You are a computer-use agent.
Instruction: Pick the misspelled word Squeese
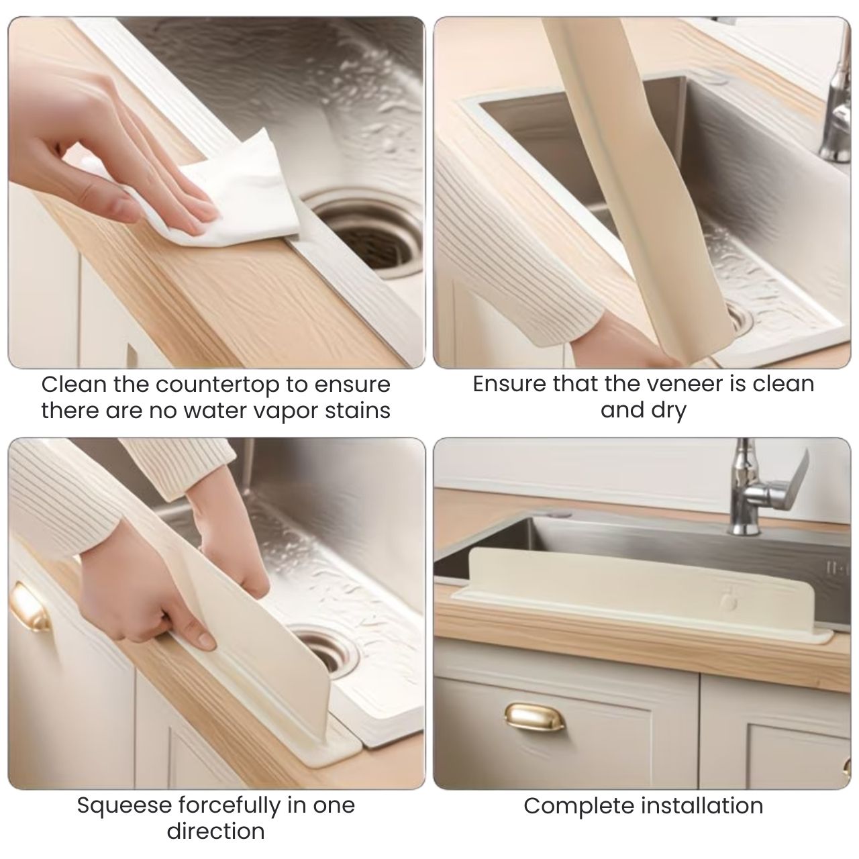click(x=124, y=805)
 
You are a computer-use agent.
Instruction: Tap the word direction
click(x=215, y=831)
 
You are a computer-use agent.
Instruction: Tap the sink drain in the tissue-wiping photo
click(x=366, y=236)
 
